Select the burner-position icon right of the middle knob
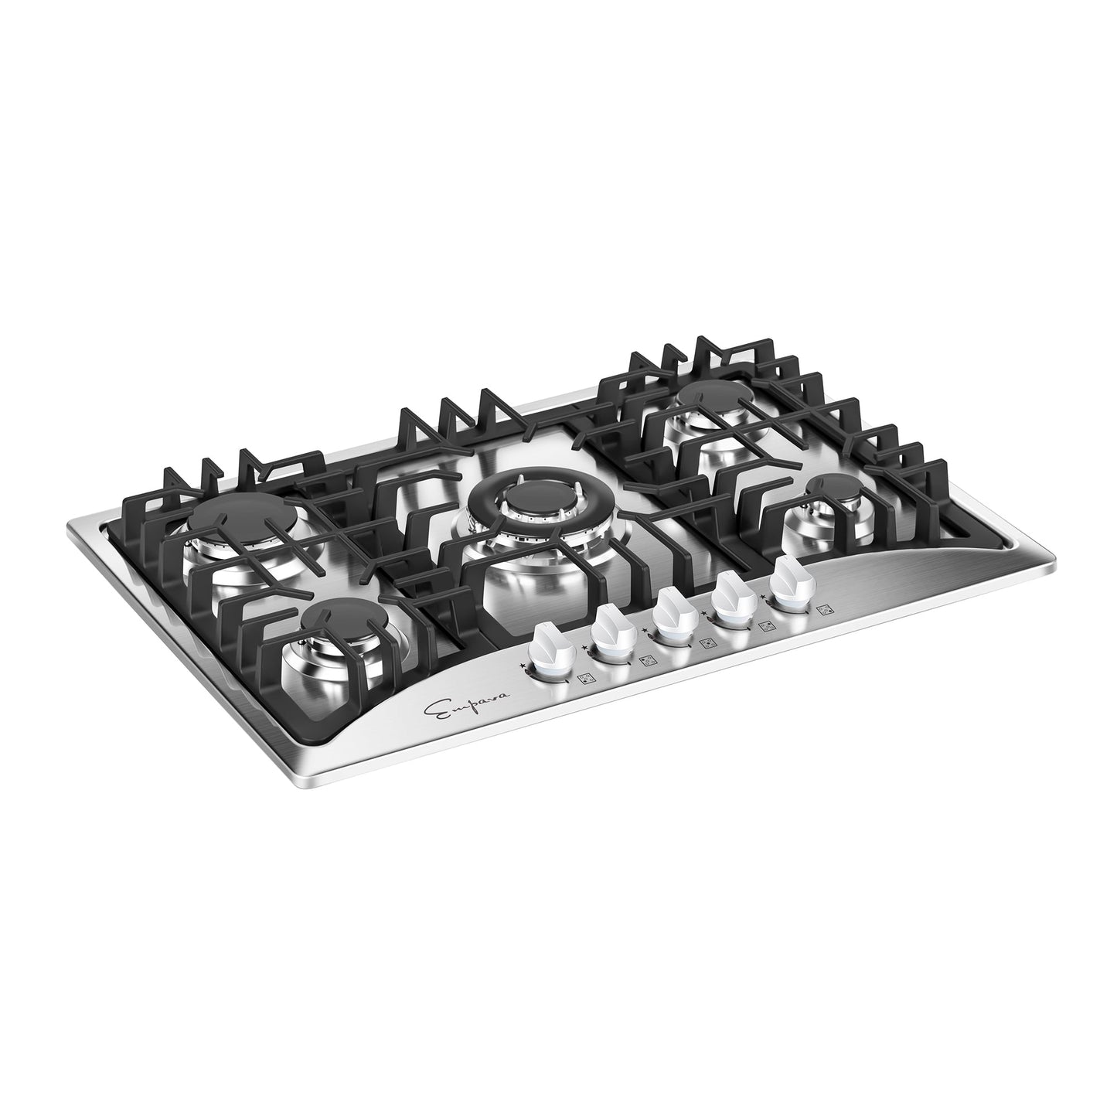pyautogui.click(x=706, y=642)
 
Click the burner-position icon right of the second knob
pyautogui.click(x=647, y=659)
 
